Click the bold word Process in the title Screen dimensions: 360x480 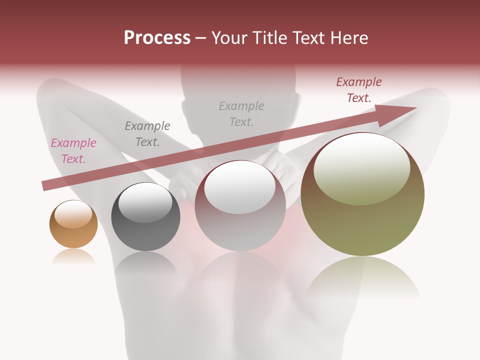click(x=157, y=38)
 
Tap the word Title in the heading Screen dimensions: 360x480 click(x=268, y=38)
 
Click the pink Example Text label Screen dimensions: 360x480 click(x=73, y=151)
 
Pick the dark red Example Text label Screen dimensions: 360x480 click(x=359, y=90)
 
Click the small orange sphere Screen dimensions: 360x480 click(x=73, y=231)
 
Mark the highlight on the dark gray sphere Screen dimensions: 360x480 click(x=145, y=202)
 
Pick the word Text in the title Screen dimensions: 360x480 click(x=308, y=38)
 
